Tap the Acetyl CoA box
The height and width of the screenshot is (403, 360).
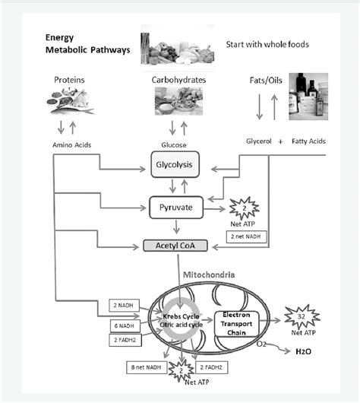pyautogui.click(x=176, y=246)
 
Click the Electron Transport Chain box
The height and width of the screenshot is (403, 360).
pyautogui.click(x=237, y=319)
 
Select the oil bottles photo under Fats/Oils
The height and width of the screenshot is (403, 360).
pyautogui.click(x=308, y=95)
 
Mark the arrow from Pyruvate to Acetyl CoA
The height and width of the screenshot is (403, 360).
pyautogui.click(x=176, y=227)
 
